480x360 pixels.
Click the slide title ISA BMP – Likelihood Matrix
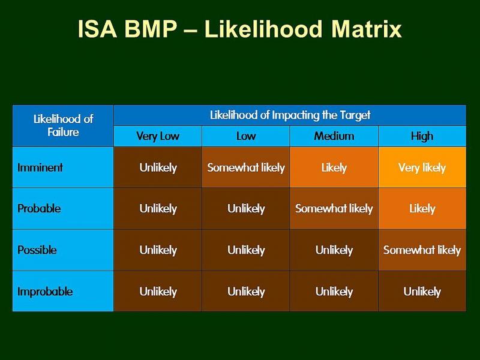pos(240,29)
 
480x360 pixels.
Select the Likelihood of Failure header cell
pos(63,125)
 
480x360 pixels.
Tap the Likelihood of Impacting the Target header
pos(290,115)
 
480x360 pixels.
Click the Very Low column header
pos(158,136)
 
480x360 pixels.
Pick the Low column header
pos(246,136)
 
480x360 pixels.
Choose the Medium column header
pos(334,136)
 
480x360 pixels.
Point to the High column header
pos(422,136)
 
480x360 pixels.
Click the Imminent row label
pos(40,167)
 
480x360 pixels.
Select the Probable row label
pos(39,209)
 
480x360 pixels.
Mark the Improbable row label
pos(45,292)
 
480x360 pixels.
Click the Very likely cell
pos(422,167)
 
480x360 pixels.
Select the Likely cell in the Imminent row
pos(334,167)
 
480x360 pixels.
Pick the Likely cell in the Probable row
pos(422,209)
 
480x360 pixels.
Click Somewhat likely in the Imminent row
pos(246,167)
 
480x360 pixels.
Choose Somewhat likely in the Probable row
pos(334,209)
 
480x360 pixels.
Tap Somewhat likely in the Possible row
pos(422,250)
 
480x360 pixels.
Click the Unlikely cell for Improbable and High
pos(422,292)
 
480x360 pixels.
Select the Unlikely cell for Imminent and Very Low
pos(158,167)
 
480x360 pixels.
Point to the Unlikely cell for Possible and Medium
pos(334,250)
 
